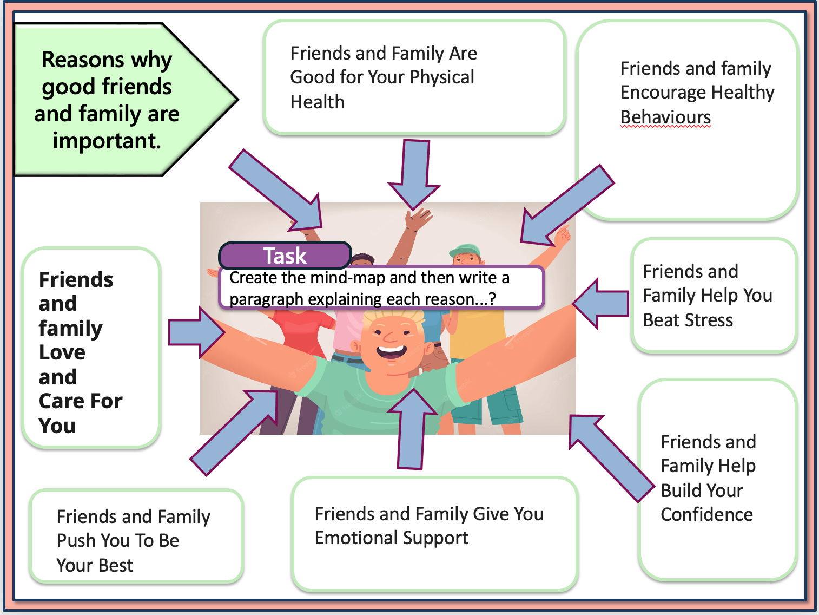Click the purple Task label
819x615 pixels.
pos(285,256)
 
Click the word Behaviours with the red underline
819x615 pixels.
pos(665,117)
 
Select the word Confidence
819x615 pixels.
pos(706,514)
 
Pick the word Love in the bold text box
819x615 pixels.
pos(62,352)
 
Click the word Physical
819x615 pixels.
pos(441,77)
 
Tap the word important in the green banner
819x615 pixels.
pos(107,141)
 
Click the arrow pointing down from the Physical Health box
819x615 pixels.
pos(415,173)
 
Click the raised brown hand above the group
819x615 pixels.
pos(417,219)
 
